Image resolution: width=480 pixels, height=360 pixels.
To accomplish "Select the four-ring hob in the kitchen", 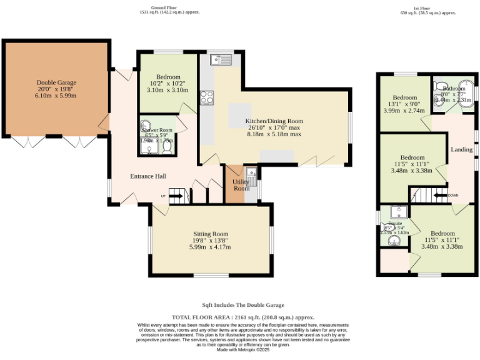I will [206, 97].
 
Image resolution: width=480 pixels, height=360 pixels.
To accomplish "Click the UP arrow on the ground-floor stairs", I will [176, 196].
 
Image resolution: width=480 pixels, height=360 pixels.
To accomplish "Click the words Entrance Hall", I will [148, 176].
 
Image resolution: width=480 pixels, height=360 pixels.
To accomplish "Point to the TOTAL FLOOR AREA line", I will [242, 317].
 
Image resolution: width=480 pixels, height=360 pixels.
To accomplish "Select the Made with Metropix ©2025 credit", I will [242, 349].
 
